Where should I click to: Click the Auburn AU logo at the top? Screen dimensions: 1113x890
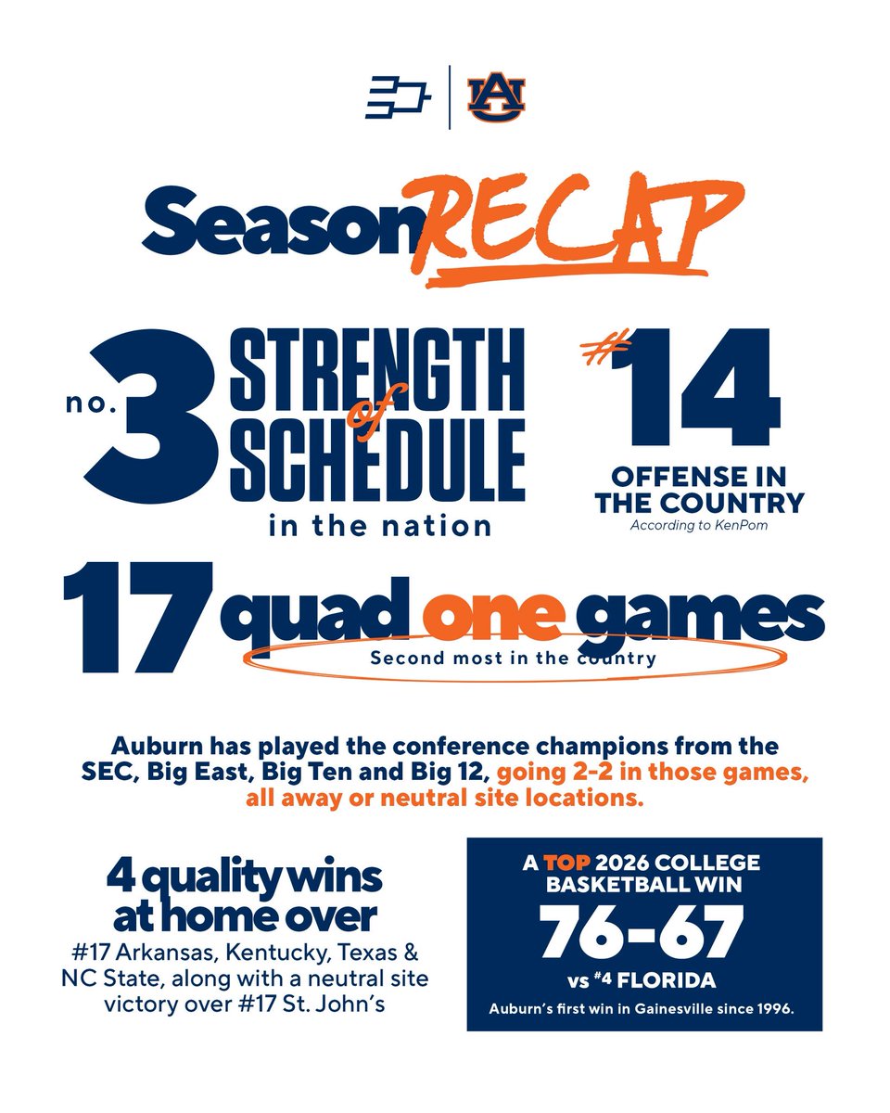pos(496,96)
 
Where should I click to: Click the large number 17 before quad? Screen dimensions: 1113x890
pos(135,616)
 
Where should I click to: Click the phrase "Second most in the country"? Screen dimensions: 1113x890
pos(513,659)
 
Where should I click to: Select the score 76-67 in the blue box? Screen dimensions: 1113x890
pos(643,930)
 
